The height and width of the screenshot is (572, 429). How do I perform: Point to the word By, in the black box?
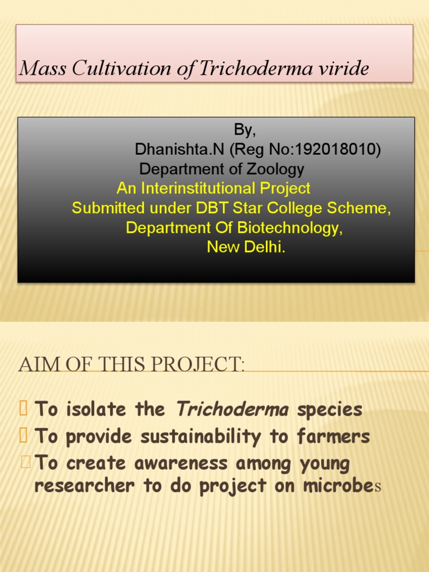tap(245, 130)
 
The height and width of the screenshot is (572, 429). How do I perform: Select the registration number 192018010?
tap(336, 150)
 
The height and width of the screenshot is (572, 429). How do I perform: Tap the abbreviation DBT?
tap(212, 208)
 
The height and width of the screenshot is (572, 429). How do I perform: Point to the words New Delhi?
tap(246, 247)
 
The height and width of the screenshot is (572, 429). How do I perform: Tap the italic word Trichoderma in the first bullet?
tap(232, 409)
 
